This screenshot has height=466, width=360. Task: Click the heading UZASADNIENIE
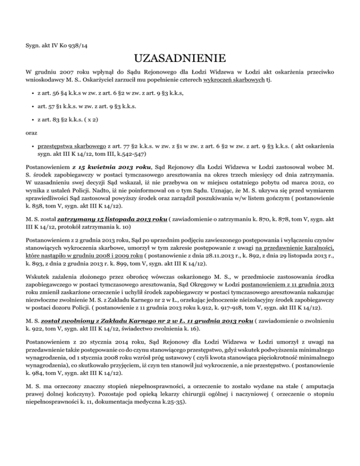pos(180,60)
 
